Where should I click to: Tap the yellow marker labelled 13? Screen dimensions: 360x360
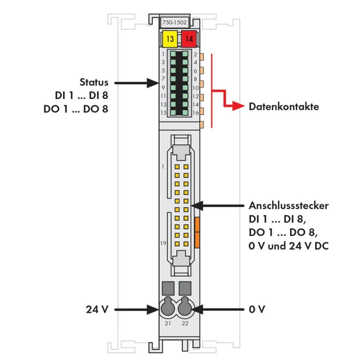(x=170, y=39)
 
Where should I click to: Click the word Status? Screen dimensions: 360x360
(x=94, y=82)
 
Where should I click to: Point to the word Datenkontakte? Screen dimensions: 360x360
(x=284, y=107)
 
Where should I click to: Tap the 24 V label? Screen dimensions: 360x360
(x=97, y=309)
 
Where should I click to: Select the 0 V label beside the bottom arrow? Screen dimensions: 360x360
(x=257, y=309)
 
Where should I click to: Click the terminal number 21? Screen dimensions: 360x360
(x=168, y=324)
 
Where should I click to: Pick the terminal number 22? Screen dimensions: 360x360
(x=185, y=324)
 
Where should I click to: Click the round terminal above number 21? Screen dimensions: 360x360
(x=167, y=308)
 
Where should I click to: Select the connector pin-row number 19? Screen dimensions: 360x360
(x=163, y=243)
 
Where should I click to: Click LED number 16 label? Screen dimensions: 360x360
(x=196, y=113)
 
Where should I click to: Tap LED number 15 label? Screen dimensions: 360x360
(x=163, y=113)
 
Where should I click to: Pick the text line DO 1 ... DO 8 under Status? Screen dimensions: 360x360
(x=76, y=109)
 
